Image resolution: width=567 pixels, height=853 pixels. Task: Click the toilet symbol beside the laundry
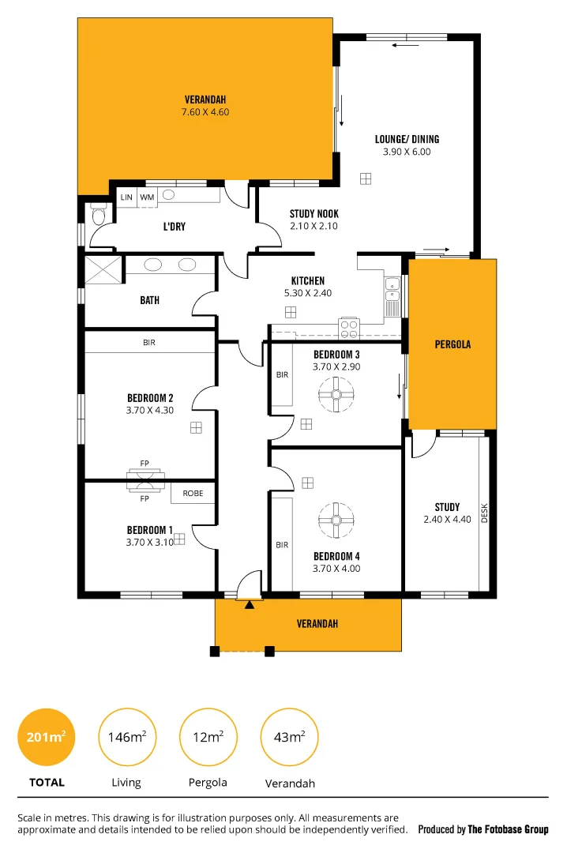pos(99,215)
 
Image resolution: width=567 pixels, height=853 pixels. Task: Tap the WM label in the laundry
pos(147,197)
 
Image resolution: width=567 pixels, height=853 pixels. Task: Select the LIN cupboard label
pos(126,197)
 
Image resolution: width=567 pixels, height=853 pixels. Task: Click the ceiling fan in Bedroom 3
pos(336,393)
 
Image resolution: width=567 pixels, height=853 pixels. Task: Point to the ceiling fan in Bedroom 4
pos(336,519)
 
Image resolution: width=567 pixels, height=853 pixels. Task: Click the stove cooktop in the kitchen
pos(348,327)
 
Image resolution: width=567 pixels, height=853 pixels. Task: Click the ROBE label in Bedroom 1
pos(193,493)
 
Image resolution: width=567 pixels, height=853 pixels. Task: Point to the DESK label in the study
pos(485,514)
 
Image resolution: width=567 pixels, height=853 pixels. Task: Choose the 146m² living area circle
pos(126,737)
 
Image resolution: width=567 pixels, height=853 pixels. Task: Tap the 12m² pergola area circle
pos(208,737)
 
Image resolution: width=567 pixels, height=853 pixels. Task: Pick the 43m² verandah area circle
pos(290,737)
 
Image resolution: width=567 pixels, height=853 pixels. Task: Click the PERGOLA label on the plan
pos(452,344)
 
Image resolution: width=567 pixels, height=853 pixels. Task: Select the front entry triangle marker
pos(250,605)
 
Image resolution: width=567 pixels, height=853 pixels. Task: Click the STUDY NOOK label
pos(314,213)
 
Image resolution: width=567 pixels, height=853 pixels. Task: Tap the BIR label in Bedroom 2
pos(149,342)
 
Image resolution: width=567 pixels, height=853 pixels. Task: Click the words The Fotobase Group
pos(508,829)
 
